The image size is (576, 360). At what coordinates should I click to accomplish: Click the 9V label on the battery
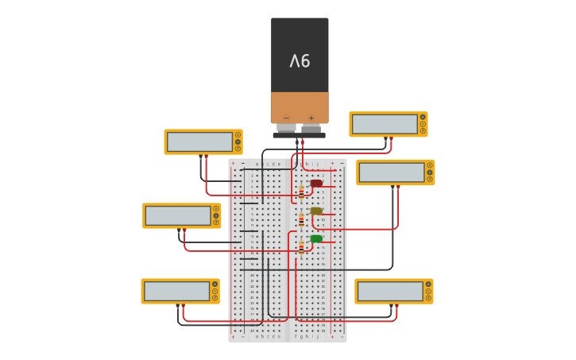(x=300, y=60)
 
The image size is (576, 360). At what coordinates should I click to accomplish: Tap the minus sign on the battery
(x=286, y=118)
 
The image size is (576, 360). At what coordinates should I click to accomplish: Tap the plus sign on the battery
(x=311, y=118)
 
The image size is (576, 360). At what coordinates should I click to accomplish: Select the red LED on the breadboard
(x=316, y=184)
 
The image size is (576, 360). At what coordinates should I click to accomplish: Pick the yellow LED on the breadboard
(x=316, y=211)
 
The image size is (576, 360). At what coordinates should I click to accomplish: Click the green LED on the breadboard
(x=316, y=238)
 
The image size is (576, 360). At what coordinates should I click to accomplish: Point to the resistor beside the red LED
(x=301, y=192)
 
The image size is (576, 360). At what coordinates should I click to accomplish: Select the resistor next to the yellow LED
(x=301, y=219)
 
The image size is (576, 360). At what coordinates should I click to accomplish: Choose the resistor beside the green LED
(x=301, y=247)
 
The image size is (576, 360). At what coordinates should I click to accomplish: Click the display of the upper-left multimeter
(x=199, y=141)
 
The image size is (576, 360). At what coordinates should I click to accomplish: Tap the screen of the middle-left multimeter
(x=178, y=215)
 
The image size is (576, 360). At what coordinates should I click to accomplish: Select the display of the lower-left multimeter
(x=176, y=291)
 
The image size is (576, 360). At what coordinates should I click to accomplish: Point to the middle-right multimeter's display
(x=392, y=172)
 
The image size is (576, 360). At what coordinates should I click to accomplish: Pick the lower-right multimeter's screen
(x=390, y=291)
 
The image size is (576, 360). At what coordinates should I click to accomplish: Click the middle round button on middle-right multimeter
(x=430, y=172)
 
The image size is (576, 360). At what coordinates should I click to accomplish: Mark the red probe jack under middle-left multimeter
(x=184, y=230)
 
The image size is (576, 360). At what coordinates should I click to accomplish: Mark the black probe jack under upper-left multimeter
(x=200, y=156)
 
